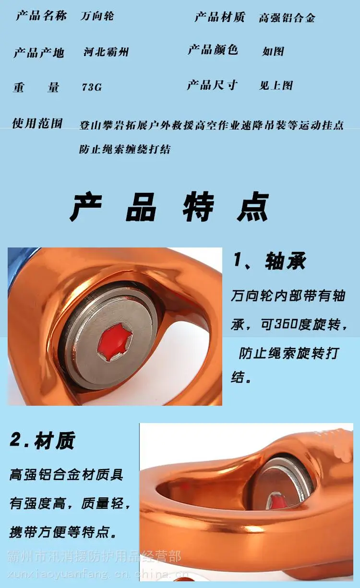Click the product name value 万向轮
coord(97,16)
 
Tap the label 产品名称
coord(41,15)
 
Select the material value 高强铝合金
coord(287,18)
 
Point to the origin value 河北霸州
coord(106,52)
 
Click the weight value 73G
coord(92,87)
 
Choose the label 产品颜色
coord(213,49)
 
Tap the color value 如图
coord(273,51)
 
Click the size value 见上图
coord(276,85)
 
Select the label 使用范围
coord(37,123)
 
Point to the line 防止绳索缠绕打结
coord(125,149)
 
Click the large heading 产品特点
coord(169,207)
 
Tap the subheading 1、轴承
coord(270,260)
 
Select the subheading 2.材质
coord(43,440)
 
